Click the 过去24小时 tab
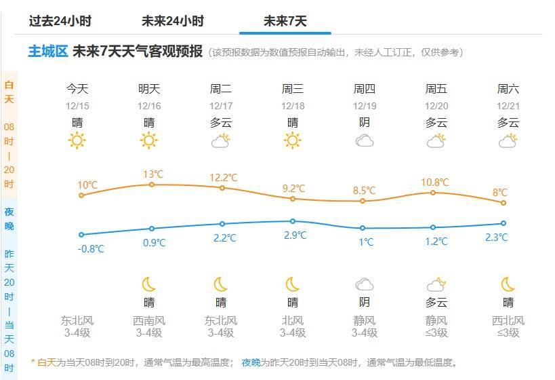(60, 21)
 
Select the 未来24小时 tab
(173, 21)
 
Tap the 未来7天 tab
(285, 21)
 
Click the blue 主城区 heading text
(47, 52)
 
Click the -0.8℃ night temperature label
(91, 248)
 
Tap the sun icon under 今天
(77, 140)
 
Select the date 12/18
(293, 106)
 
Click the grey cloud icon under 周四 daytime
(365, 140)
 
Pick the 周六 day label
(508, 88)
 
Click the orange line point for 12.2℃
(222, 187)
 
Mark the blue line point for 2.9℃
(293, 221)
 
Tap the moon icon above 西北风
(508, 284)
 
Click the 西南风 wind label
(149, 320)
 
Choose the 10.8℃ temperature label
(435, 182)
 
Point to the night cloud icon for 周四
(365, 284)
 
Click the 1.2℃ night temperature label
(436, 241)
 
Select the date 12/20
(436, 106)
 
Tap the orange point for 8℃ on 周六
(503, 203)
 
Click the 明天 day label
(149, 88)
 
